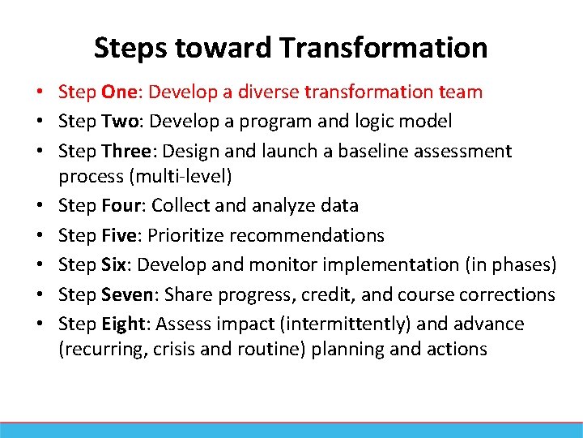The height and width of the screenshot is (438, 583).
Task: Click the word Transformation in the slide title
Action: click(x=384, y=48)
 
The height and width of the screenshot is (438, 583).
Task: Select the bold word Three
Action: click(x=126, y=151)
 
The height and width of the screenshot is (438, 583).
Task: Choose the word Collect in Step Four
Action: click(x=180, y=206)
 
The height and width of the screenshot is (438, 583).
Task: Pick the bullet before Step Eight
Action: click(x=48, y=324)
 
